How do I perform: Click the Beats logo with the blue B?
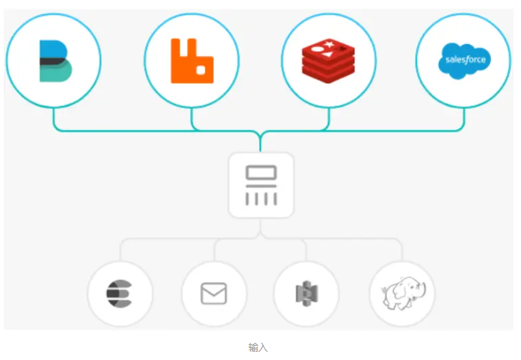tap(54, 60)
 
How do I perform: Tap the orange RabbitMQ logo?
tap(191, 60)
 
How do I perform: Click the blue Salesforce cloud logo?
tap(463, 60)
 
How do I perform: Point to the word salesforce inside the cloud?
tap(464, 60)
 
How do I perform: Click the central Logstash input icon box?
tap(261, 185)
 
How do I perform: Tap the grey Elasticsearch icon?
tap(120, 294)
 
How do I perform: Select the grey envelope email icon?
tap(214, 294)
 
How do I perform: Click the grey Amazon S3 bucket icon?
tap(306, 294)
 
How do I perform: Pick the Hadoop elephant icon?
tap(401, 294)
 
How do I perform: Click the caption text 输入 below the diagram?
tap(258, 347)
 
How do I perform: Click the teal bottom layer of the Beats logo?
tap(55, 73)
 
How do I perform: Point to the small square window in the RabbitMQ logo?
tap(200, 69)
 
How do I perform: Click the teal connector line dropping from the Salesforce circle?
tap(463, 120)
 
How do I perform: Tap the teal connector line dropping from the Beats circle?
tap(54, 120)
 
